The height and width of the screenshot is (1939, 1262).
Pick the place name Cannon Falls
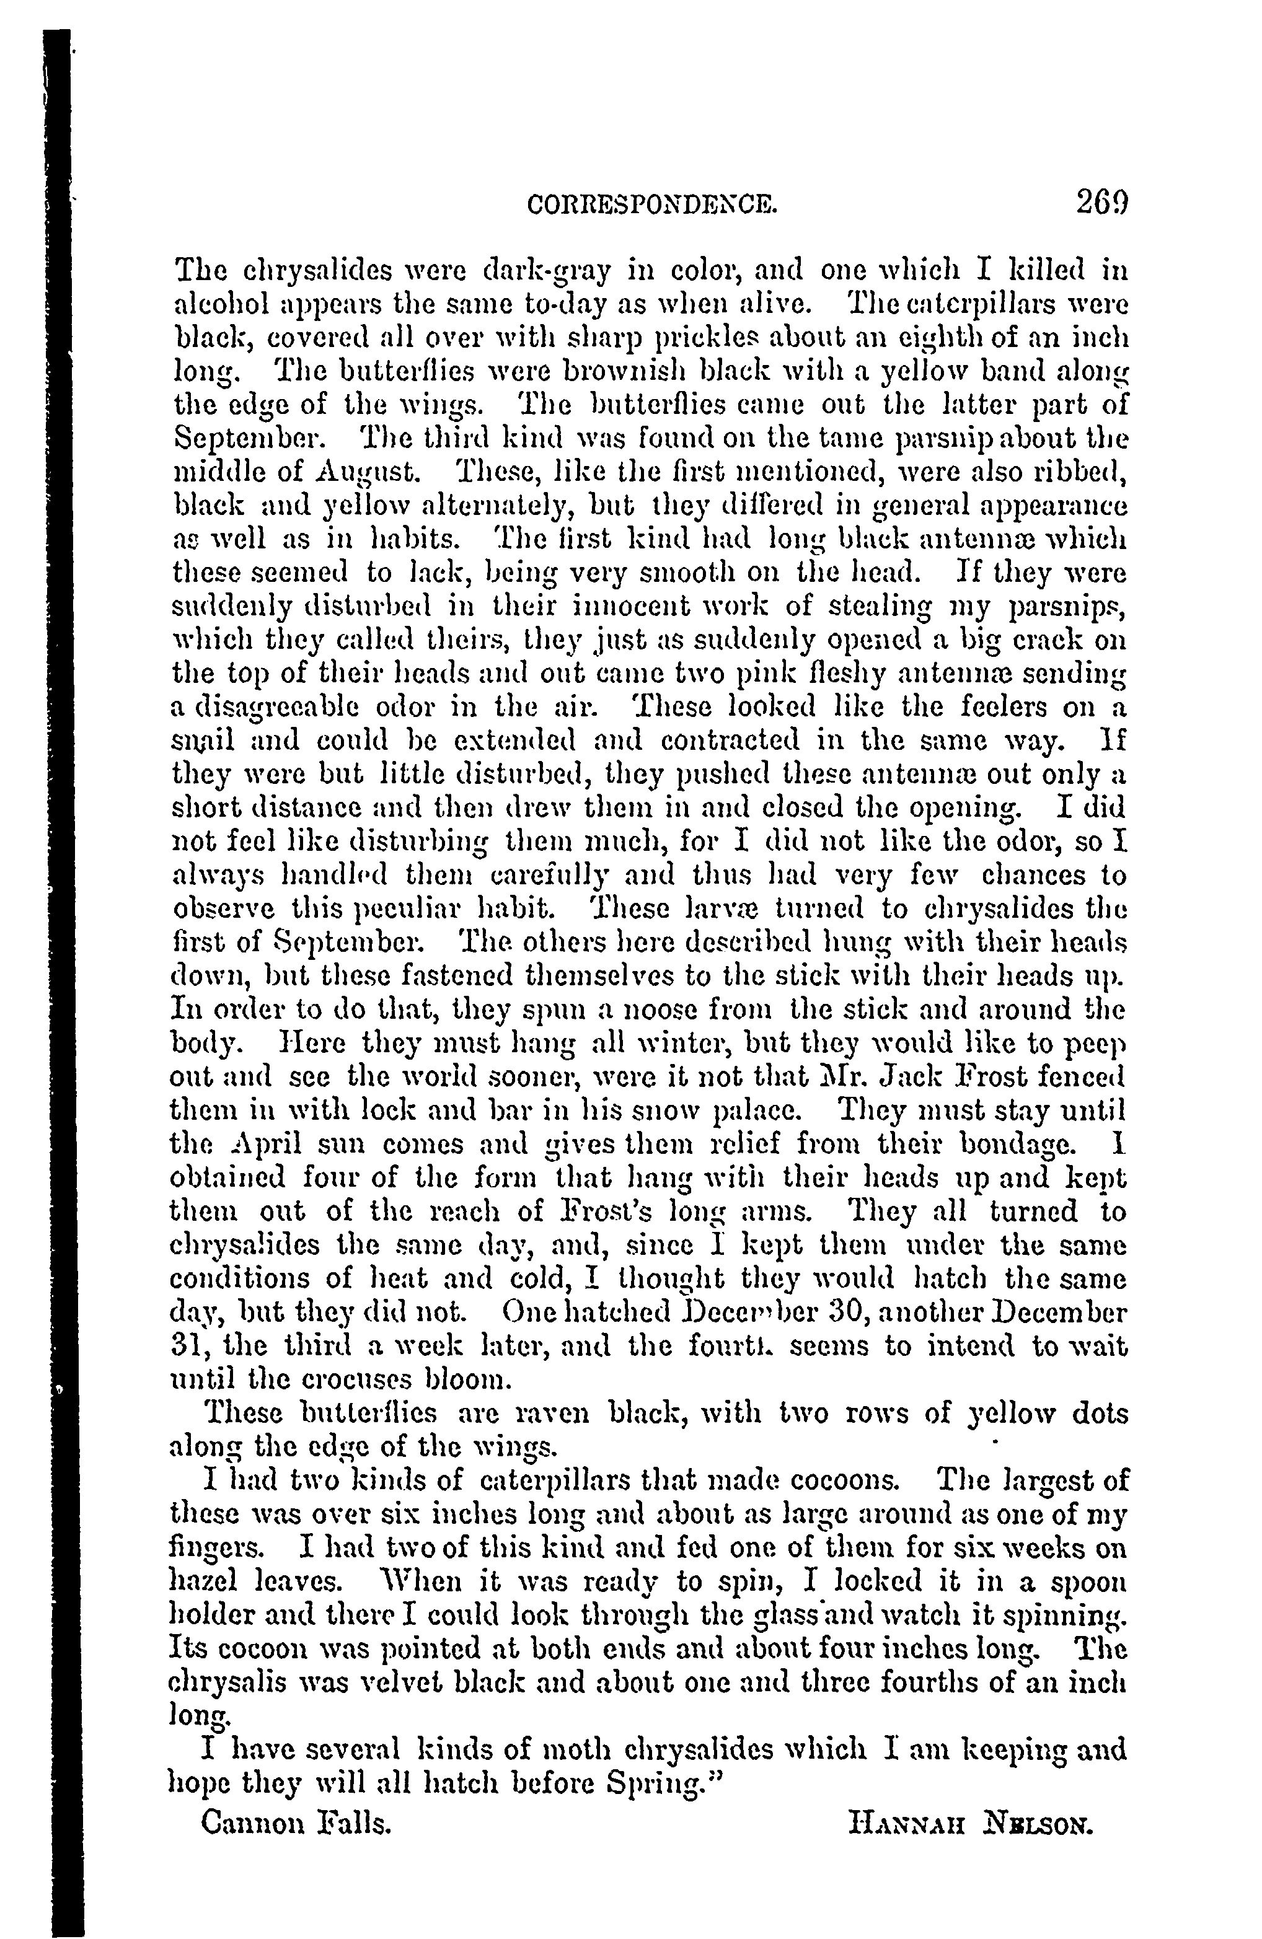(x=296, y=1821)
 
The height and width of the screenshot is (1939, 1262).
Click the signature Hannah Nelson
(x=969, y=1822)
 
